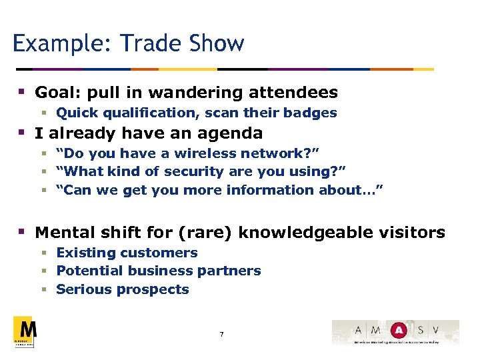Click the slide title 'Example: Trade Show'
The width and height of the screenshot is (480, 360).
point(129,44)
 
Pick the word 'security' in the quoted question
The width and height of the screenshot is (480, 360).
point(193,172)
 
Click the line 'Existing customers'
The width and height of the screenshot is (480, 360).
point(127,253)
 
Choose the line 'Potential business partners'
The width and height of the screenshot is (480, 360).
point(159,271)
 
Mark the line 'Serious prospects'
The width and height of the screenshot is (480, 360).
point(123,289)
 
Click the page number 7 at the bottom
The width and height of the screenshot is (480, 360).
point(221,333)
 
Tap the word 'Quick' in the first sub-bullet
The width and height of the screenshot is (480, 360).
point(74,113)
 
